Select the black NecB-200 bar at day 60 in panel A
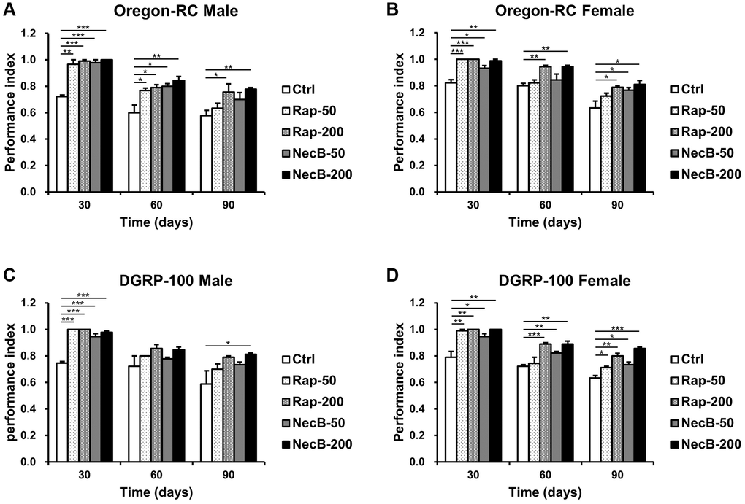[x=179, y=136]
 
